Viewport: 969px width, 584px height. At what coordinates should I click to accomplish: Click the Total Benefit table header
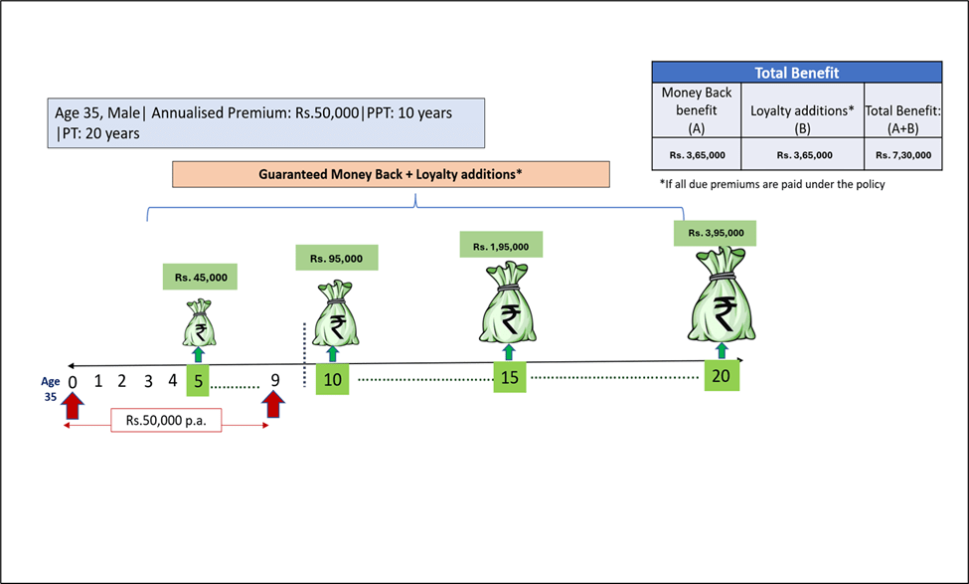[796, 73]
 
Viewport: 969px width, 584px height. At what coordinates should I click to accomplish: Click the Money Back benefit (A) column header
[696, 110]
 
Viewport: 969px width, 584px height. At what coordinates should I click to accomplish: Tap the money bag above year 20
[723, 299]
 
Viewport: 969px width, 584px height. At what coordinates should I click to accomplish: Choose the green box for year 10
[332, 379]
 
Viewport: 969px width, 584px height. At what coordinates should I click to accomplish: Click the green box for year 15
[510, 378]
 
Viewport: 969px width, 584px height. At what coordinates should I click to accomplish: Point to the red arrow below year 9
[273, 406]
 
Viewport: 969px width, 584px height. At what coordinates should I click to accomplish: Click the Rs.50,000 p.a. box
[166, 421]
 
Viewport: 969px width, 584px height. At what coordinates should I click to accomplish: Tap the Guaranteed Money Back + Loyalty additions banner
[391, 173]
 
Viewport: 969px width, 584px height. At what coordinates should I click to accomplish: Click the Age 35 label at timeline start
[50, 387]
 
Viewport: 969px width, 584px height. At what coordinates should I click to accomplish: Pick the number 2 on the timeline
[121, 380]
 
